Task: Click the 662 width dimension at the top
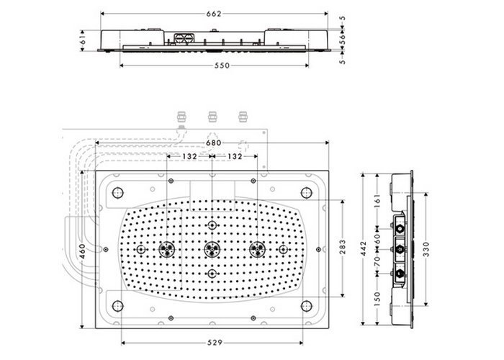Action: click(x=214, y=14)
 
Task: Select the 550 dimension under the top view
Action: click(x=222, y=66)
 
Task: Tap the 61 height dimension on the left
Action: click(x=82, y=40)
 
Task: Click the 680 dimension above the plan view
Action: click(x=213, y=143)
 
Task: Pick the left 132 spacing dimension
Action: click(x=189, y=156)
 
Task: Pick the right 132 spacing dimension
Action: click(x=235, y=156)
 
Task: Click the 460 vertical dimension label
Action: click(x=82, y=251)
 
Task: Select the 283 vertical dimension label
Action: click(x=343, y=247)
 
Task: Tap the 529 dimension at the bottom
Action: click(x=215, y=343)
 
